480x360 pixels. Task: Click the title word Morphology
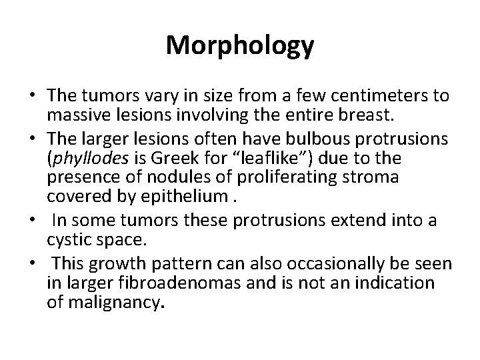click(x=239, y=46)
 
